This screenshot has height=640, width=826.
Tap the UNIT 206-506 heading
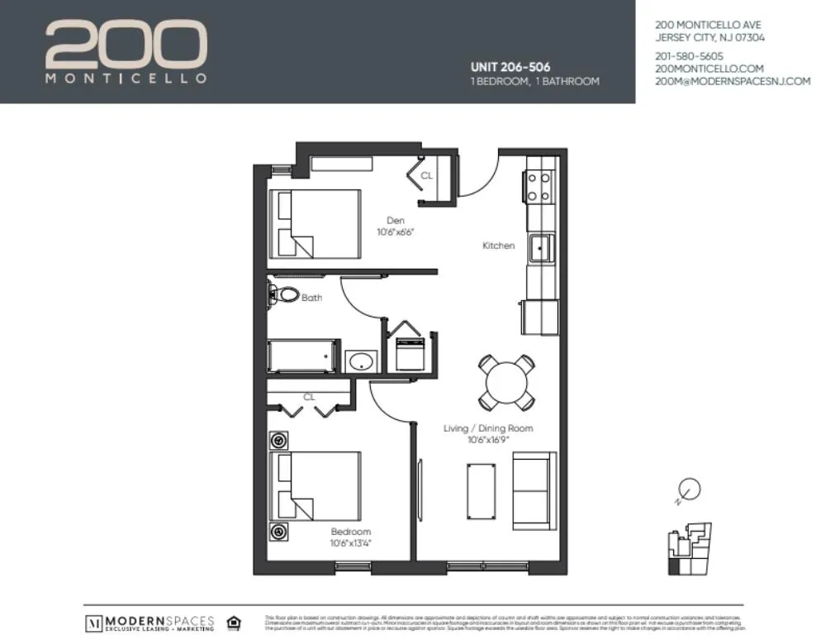[510, 66]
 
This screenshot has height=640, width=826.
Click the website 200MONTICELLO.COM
[709, 69]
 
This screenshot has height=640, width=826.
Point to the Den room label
[395, 221]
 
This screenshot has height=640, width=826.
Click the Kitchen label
[498, 246]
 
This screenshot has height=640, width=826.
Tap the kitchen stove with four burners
[539, 186]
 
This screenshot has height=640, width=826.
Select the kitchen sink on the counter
[541, 246]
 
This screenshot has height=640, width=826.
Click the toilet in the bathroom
[283, 294]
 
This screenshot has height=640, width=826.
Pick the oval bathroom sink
[361, 361]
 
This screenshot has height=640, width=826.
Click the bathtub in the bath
[303, 356]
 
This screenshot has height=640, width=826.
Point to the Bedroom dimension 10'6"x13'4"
[350, 543]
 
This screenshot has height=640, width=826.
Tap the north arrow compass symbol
[689, 490]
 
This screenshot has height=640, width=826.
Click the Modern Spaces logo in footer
[150, 623]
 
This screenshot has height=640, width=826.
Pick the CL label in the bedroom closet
[309, 397]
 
